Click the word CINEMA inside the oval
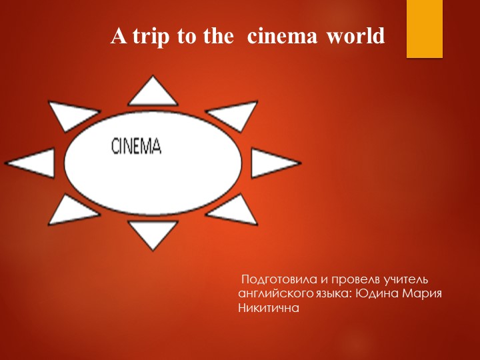(136, 146)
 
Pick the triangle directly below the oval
(152, 233)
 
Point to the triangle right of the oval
(272, 163)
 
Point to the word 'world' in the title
(356, 36)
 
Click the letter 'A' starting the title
(119, 36)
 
